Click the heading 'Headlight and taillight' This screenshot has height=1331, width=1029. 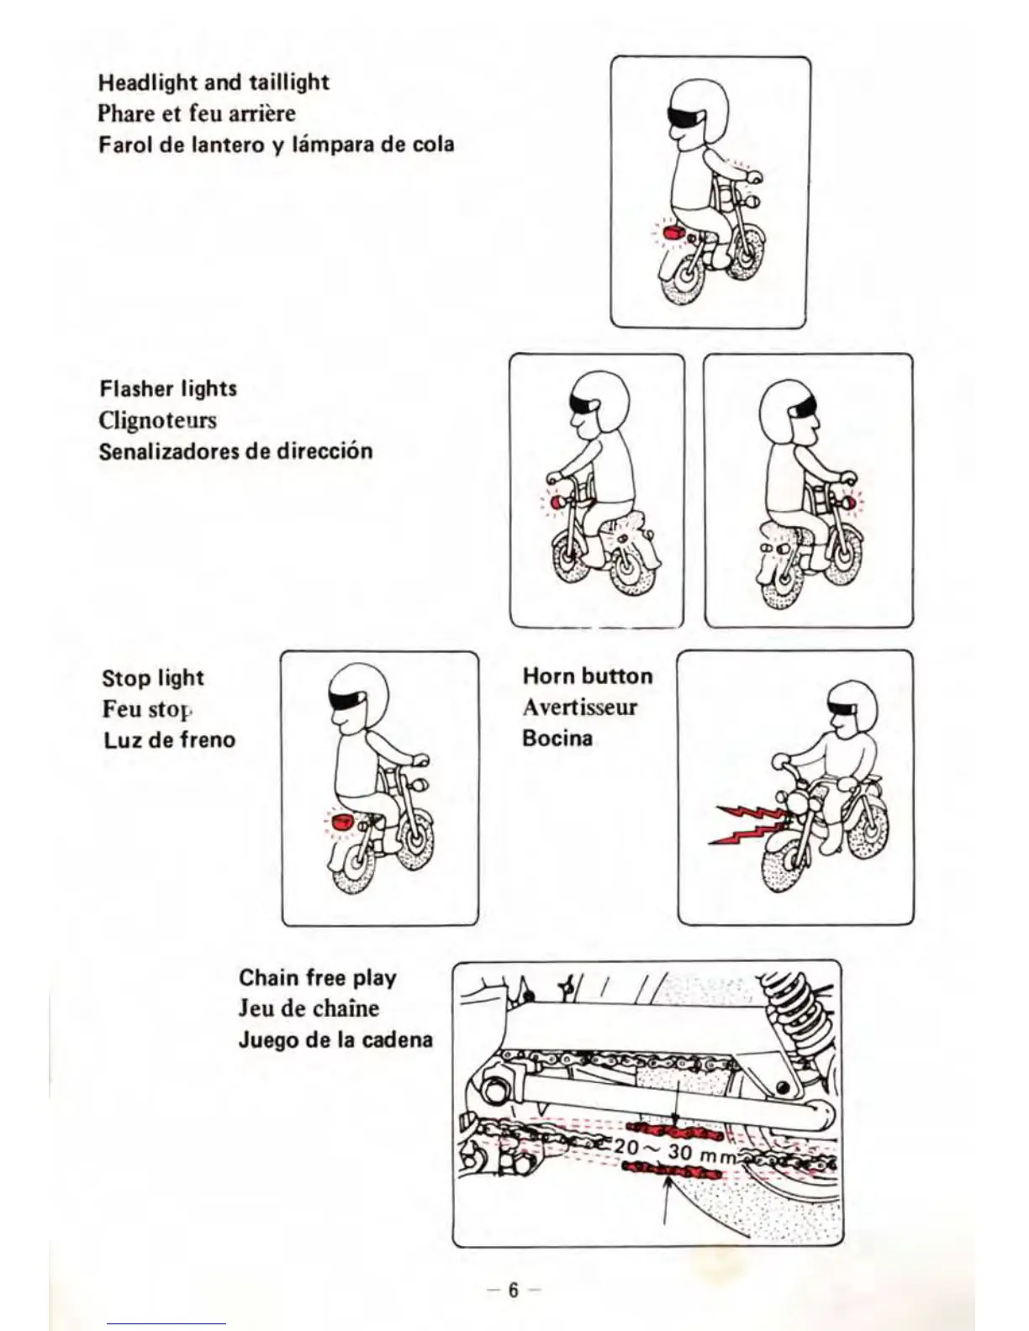(214, 82)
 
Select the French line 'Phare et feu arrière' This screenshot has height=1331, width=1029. (197, 113)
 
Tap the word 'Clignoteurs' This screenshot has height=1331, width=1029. (157, 419)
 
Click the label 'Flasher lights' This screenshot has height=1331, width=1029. (168, 388)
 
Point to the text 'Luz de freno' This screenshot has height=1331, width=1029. (169, 740)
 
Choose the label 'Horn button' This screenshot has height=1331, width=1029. (587, 676)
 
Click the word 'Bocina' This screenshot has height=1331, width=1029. (557, 739)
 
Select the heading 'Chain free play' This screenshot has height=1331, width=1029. (317, 977)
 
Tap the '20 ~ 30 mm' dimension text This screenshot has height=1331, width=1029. (670, 1149)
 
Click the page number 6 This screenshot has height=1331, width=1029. (513, 1290)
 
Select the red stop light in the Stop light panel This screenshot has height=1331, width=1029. (341, 822)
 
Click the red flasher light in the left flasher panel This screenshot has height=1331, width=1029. (557, 502)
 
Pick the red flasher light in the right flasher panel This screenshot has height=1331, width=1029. (850, 502)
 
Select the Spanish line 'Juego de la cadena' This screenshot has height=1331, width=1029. (335, 1040)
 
